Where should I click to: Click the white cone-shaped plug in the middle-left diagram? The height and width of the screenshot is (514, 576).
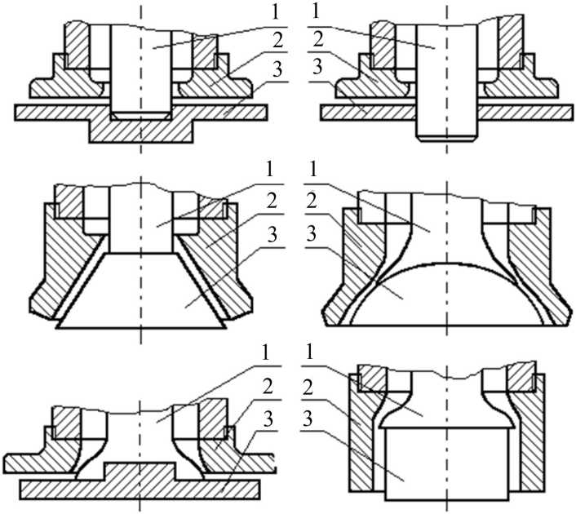[140, 294]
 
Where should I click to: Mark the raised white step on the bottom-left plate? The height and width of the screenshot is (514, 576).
[140, 470]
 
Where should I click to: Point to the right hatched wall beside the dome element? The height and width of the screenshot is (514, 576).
[534, 269]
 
